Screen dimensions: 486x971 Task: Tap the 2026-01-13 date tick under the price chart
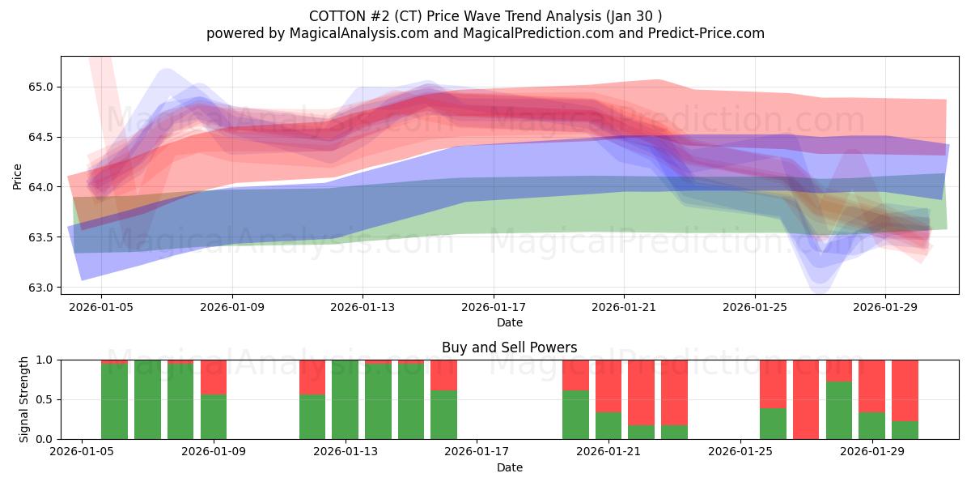point(362,307)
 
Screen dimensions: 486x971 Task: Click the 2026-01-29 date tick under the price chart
point(884,307)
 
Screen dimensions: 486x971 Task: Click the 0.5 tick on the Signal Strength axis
point(44,399)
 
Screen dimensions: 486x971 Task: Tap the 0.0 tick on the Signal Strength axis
point(44,439)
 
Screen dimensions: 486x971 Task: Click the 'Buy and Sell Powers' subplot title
point(509,347)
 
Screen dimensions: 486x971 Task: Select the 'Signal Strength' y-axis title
point(24,399)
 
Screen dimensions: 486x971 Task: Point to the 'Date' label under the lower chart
point(509,467)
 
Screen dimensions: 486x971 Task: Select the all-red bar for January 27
point(806,399)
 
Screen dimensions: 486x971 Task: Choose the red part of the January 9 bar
point(214,377)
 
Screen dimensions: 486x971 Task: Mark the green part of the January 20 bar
point(575,415)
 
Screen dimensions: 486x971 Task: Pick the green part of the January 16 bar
point(443,415)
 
